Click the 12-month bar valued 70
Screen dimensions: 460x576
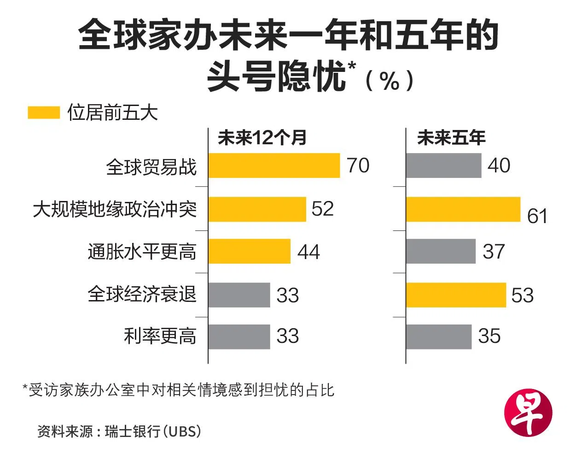pyautogui.click(x=274, y=165)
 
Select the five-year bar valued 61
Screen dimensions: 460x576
pyautogui.click(x=463, y=209)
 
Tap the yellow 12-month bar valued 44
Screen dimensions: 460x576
pyautogui.click(x=249, y=251)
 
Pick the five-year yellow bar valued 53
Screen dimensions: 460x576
pyautogui.click(x=456, y=295)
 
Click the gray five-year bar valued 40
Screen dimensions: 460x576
pyautogui.click(x=443, y=165)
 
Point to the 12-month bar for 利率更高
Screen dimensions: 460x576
pyautogui.click(x=239, y=336)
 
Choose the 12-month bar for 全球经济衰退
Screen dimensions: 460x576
pyautogui.click(x=239, y=295)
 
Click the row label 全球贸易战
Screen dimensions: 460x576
pyautogui.click(x=151, y=167)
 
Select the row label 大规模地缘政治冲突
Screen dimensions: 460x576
pyautogui.click(x=115, y=209)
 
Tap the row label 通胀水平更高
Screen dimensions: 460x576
pyautogui.click(x=142, y=252)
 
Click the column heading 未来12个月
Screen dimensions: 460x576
pyautogui.click(x=262, y=138)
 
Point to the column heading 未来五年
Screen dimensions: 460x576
pyautogui.click(x=451, y=138)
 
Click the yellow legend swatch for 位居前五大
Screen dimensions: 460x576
pyautogui.click(x=44, y=113)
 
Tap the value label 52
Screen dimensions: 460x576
pyautogui.click(x=322, y=209)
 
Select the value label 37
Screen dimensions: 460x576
pyautogui.click(x=494, y=252)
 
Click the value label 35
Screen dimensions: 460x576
pyautogui.click(x=489, y=336)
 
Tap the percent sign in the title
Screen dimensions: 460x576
pyautogui.click(x=390, y=81)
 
